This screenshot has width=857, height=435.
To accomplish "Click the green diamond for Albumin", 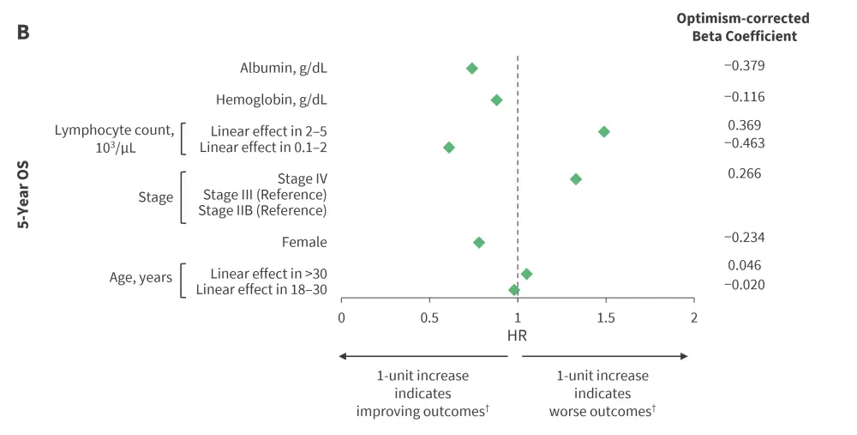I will tap(471, 68).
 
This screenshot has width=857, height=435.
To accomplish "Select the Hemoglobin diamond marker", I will tap(496, 100).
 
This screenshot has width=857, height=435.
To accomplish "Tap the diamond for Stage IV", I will tap(576, 178).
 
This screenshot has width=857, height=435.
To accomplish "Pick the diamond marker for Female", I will tap(479, 243).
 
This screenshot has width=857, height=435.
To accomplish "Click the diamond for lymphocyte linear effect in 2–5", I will tap(604, 131).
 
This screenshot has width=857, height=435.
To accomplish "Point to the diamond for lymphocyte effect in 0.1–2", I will tap(449, 148).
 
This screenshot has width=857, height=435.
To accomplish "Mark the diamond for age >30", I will tap(527, 274).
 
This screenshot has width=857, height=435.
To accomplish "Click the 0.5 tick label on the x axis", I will tap(429, 317).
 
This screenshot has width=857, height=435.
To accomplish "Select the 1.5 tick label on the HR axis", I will tap(606, 317).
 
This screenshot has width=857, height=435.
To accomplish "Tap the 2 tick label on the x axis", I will tap(694, 317).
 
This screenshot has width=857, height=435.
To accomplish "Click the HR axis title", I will tap(518, 336).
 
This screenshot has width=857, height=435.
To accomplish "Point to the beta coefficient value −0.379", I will tap(744, 65).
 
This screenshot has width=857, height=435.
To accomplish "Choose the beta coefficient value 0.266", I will tap(744, 173).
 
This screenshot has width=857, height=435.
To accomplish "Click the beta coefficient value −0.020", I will tap(744, 284).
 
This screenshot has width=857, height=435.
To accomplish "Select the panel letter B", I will tap(23, 33).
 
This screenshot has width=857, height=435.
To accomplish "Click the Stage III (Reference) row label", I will tap(265, 195).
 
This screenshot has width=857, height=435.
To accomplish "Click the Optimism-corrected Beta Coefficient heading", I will tap(743, 27).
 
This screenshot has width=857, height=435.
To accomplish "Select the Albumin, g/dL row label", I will tap(284, 68).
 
